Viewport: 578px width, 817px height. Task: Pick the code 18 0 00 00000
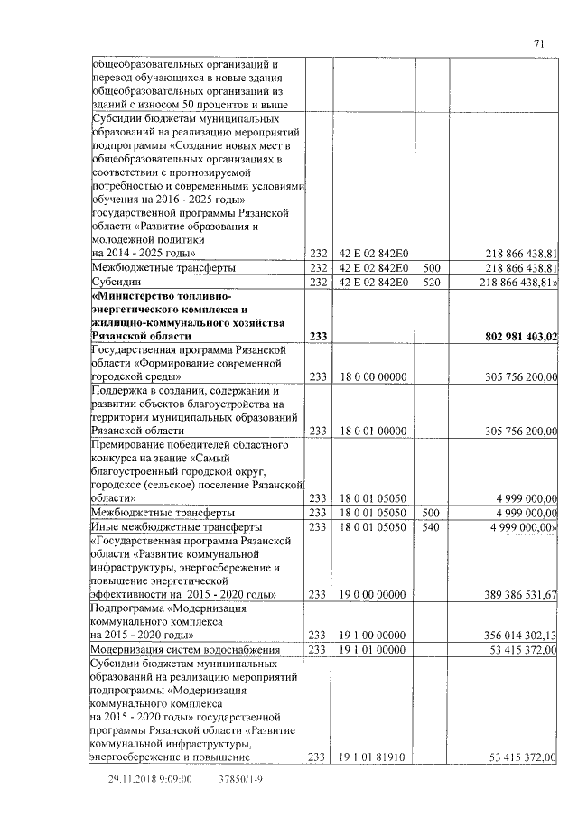point(372,376)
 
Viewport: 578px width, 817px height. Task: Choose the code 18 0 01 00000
point(372,431)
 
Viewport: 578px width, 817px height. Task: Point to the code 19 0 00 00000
point(372,594)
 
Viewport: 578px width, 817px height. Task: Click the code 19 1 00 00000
point(372,635)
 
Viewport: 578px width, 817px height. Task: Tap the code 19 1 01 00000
point(372,648)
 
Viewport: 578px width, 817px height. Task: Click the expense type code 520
point(431,283)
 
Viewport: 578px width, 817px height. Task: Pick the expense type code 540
point(431,525)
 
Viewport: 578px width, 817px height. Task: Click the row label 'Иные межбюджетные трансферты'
point(164,525)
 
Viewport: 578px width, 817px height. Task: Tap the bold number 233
point(318,337)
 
